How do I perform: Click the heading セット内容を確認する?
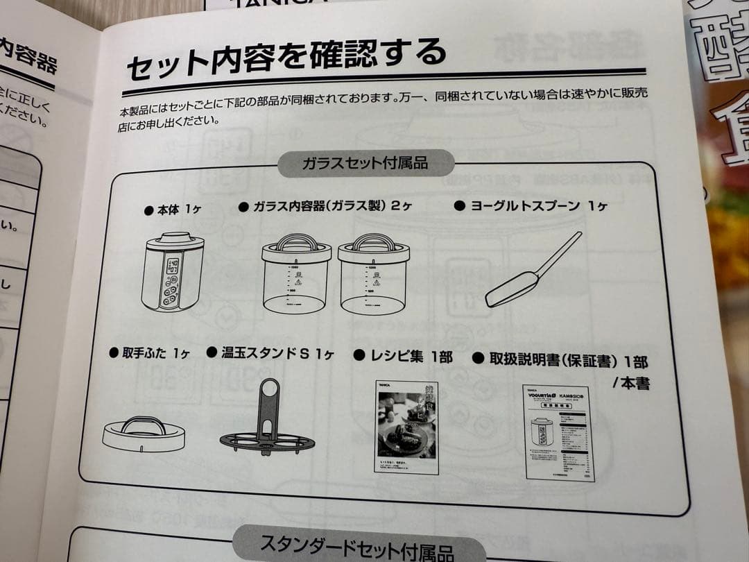point(284,58)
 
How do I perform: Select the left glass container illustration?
point(295,275)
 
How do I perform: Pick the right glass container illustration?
point(373,275)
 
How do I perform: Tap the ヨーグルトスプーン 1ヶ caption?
point(531,206)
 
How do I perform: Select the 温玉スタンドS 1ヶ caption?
point(270,354)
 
